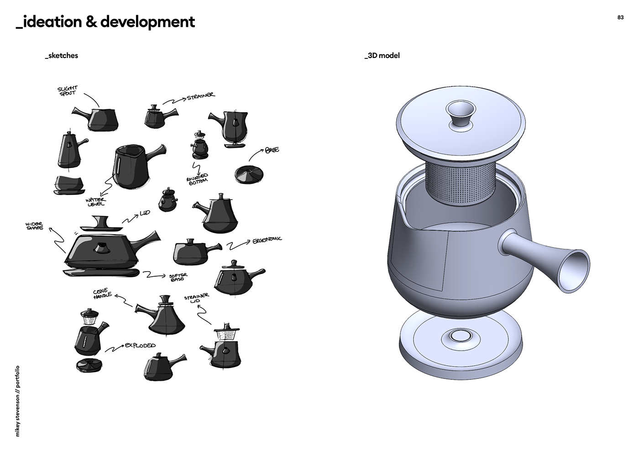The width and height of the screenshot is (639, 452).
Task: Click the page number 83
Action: coord(620,18)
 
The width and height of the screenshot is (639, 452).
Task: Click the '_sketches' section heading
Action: coord(61,56)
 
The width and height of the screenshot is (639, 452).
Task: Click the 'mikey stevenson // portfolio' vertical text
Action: coord(17,401)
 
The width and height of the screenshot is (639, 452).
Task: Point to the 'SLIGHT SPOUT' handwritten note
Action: coord(68,90)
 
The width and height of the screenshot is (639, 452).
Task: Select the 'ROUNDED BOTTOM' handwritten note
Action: coord(197,179)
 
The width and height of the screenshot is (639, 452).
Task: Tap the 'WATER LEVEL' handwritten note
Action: coord(96,202)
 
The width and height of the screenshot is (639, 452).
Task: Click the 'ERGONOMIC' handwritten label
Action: coord(267,240)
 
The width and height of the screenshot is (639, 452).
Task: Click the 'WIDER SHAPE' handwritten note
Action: coord(35,226)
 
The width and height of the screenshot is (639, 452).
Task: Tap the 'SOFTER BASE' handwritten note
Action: coord(178,277)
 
